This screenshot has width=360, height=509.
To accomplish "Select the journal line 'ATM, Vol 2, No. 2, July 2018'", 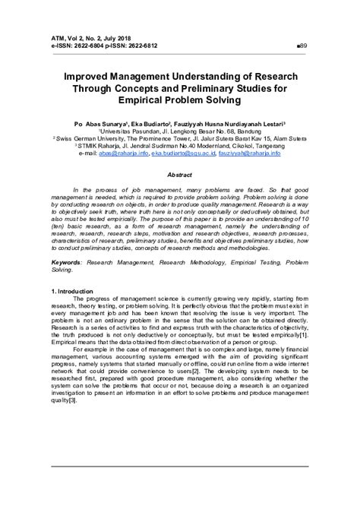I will tap(93, 37).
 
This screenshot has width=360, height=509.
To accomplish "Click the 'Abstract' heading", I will tap(179, 174).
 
